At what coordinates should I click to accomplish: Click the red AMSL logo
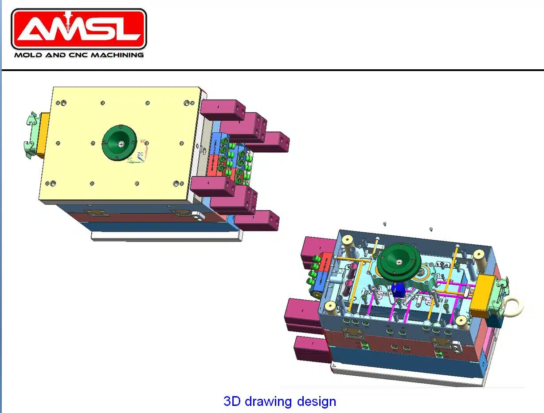pos(78,29)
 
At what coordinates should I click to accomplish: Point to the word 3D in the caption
pos(232,401)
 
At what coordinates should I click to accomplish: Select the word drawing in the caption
pos(268,401)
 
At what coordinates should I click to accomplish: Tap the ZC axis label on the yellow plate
pos(140,154)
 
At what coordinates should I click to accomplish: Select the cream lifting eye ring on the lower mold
pos(516,306)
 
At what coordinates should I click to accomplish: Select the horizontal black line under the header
pos(272,70)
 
